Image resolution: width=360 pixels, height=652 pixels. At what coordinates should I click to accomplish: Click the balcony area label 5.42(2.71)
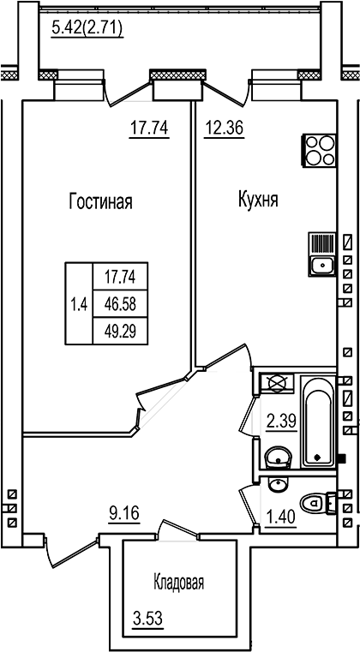point(87,28)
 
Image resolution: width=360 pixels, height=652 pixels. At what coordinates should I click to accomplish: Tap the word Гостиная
point(101,202)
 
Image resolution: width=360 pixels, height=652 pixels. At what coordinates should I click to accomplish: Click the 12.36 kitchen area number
point(224,129)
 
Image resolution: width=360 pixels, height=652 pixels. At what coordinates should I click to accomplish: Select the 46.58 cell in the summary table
point(120,303)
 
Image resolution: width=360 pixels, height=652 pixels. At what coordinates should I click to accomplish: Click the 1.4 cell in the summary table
point(79,303)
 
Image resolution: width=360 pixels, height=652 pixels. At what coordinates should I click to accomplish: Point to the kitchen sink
point(321,264)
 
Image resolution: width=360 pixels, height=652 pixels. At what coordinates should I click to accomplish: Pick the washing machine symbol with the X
point(277,383)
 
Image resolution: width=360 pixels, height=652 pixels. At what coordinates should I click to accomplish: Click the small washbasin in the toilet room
point(275,486)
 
